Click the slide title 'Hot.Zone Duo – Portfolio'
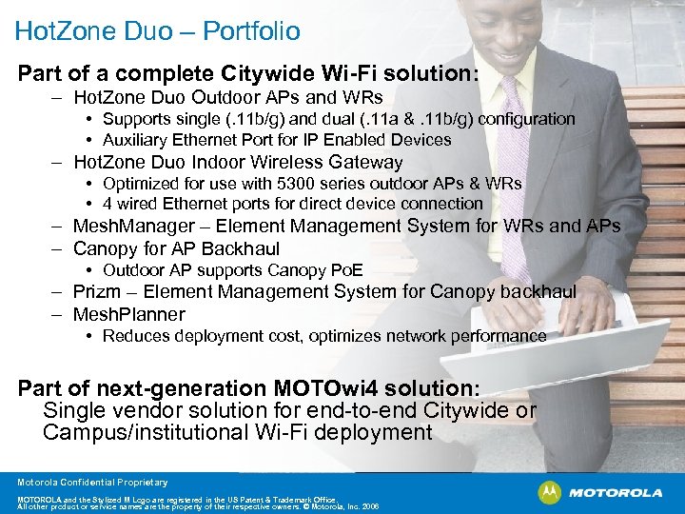point(157,31)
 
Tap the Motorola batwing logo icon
point(550,492)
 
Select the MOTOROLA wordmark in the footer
point(614,493)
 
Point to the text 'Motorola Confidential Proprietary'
point(92,483)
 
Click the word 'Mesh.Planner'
point(129,314)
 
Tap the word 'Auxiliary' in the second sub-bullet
point(137,139)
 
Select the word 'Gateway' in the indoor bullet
point(365,162)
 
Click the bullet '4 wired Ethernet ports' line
point(293,204)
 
